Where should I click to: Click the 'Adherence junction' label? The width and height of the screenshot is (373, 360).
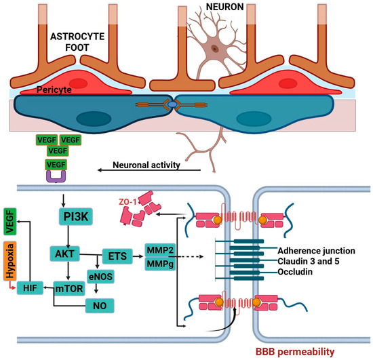click(315, 249)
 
